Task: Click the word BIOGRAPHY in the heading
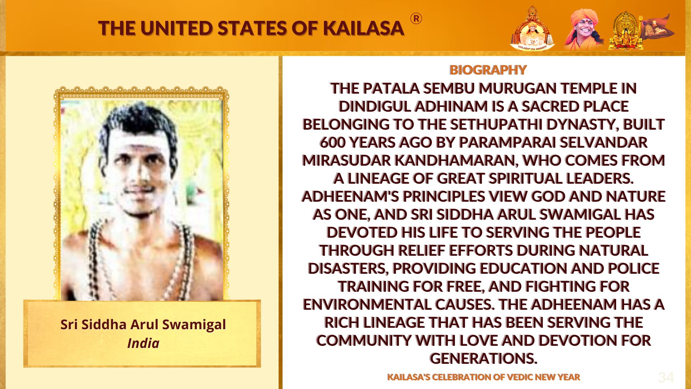point(488,70)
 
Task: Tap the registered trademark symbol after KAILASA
point(416,19)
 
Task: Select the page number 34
point(666,377)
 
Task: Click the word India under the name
point(143,343)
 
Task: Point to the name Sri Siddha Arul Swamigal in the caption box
point(143,325)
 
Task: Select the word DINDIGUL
point(375,106)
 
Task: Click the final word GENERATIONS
point(483,358)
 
